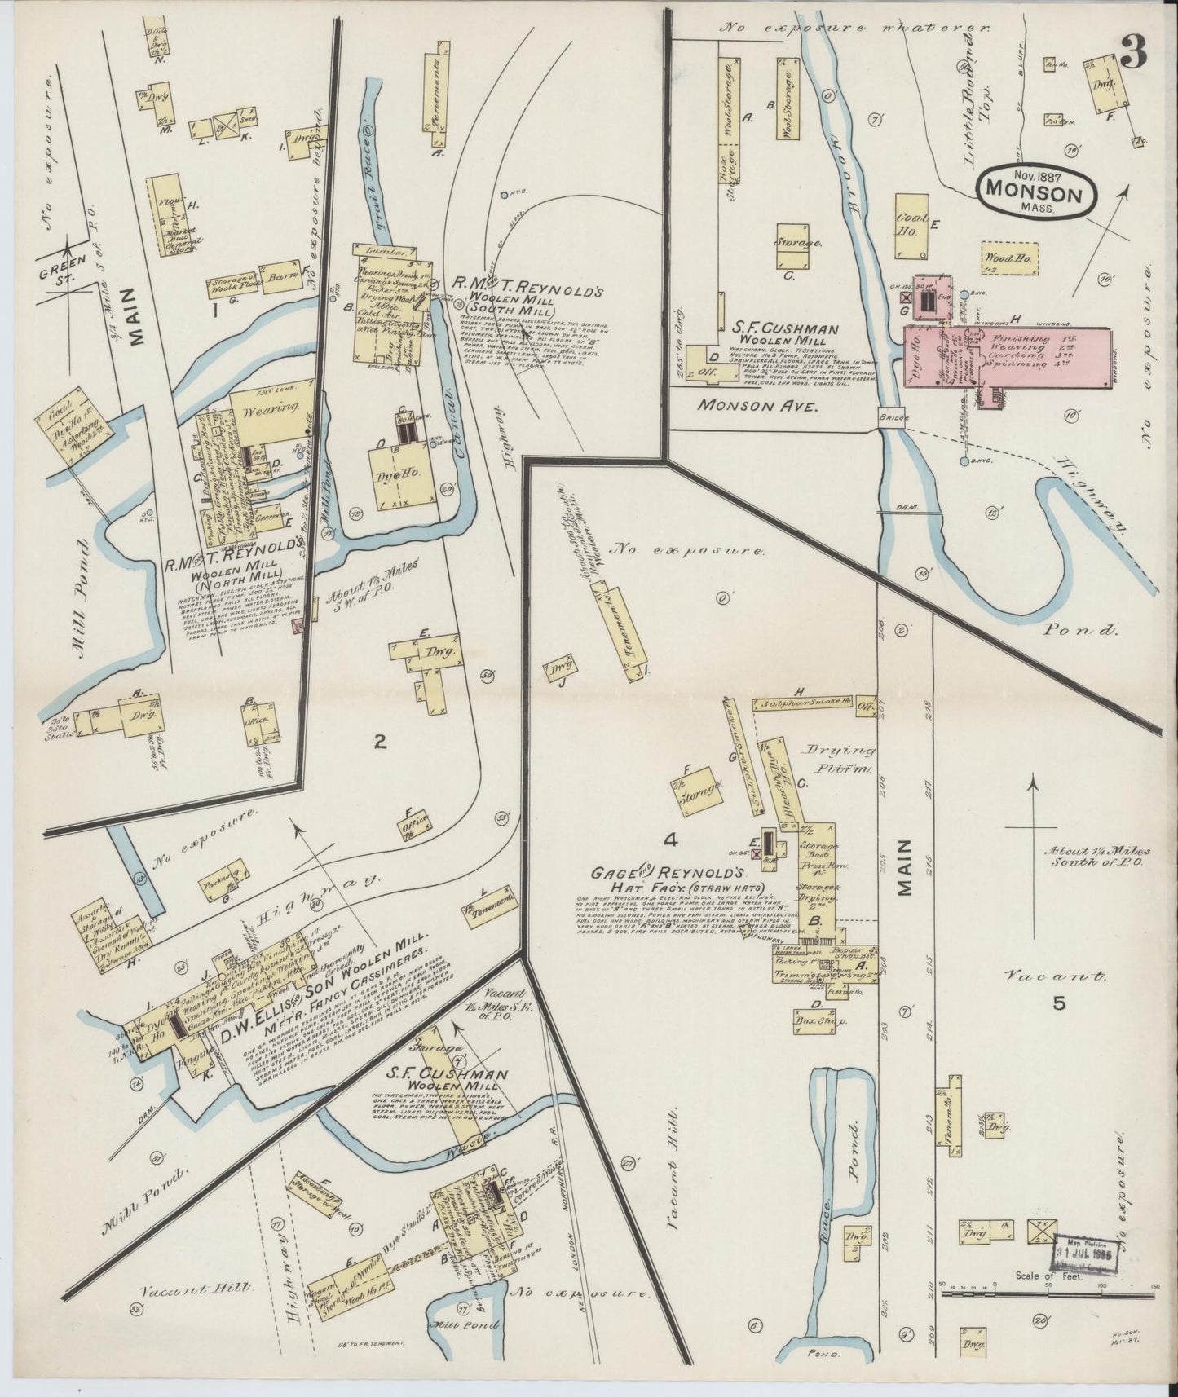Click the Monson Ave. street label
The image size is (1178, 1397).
point(756,404)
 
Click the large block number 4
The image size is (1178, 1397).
point(670,840)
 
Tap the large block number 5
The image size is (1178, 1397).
point(1058,1003)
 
